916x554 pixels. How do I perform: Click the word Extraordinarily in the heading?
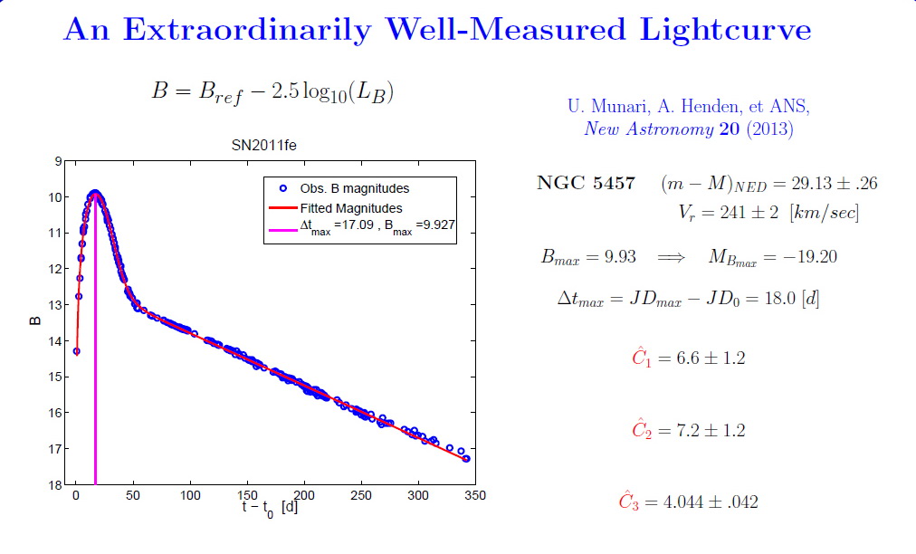coord(245,30)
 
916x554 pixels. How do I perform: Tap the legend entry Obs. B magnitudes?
coord(354,189)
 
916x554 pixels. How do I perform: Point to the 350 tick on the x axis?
coord(475,496)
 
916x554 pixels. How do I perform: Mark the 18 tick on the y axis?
coord(56,485)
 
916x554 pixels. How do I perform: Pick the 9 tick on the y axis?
coord(59,162)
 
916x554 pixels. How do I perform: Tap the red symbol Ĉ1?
coord(641,358)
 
